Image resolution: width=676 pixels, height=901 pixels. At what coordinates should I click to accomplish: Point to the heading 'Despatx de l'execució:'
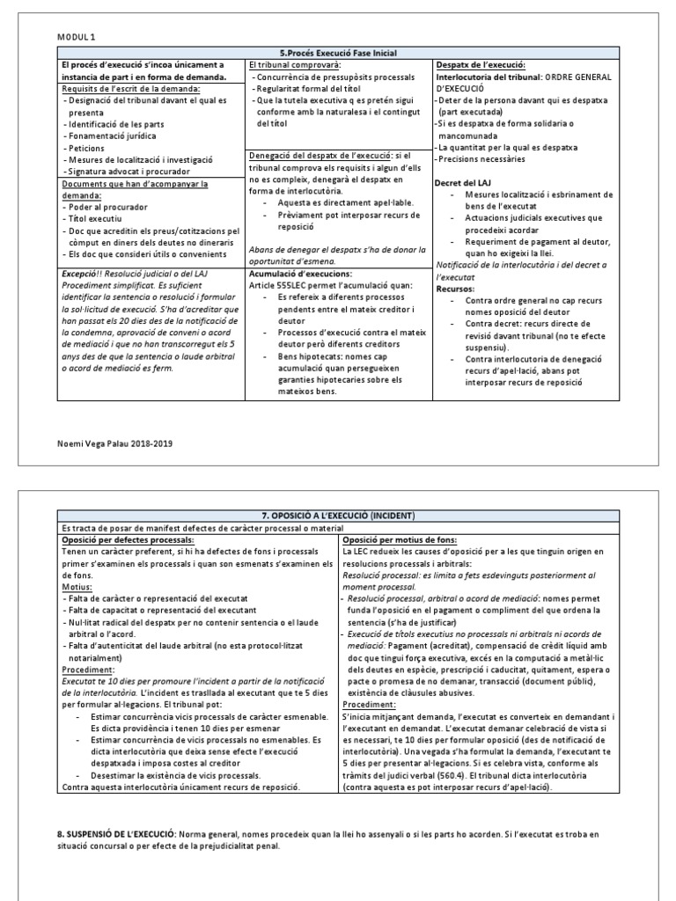coord(481,65)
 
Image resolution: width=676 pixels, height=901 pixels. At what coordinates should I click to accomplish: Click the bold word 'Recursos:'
coord(456,288)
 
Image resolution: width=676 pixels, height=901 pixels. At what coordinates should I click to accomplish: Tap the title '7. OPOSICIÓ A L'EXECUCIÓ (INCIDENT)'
coord(338,513)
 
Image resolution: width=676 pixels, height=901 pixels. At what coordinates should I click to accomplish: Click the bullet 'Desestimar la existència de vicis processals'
coord(175,775)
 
